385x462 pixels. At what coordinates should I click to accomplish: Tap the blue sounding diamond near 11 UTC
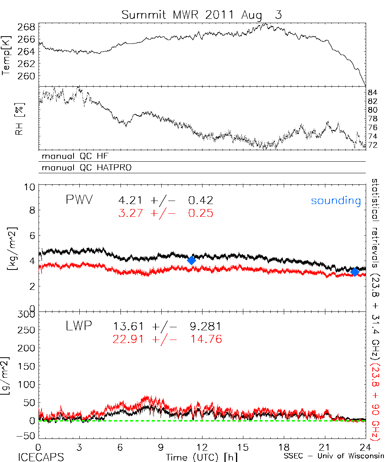(191, 260)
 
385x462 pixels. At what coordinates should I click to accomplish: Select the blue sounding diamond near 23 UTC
(355, 272)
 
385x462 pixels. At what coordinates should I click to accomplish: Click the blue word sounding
(336, 201)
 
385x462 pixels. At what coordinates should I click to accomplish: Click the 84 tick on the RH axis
(372, 92)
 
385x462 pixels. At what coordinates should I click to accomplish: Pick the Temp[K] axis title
(7, 55)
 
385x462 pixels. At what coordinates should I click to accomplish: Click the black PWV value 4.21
(132, 200)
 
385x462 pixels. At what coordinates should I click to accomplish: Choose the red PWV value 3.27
(132, 213)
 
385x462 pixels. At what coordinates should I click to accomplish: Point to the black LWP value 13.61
(129, 326)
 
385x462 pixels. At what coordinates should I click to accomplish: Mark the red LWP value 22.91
(129, 339)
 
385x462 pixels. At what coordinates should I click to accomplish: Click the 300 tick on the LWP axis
(26, 314)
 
